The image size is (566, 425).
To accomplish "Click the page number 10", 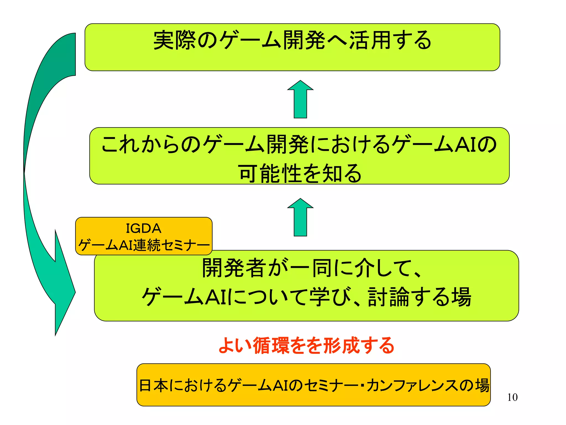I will coord(512,397).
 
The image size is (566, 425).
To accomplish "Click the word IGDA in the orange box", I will coord(143,229).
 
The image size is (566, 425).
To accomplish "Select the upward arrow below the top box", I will coord(300,100).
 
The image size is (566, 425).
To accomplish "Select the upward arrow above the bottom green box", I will coord(300,218).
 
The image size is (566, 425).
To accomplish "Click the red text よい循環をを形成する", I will coord(306,346).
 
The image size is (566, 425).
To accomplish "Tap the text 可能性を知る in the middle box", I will coord(300,173).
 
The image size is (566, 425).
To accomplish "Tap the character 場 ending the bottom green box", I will coord(461,297).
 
